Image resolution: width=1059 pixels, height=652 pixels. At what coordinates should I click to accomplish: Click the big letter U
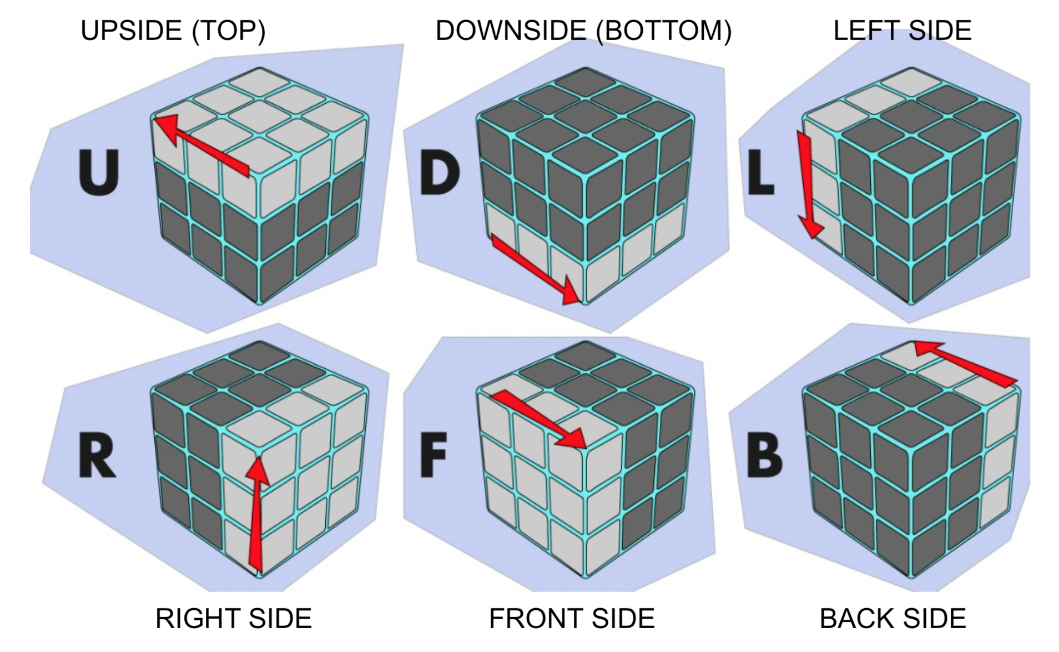[99, 173]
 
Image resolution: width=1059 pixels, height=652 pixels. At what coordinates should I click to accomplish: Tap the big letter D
[440, 173]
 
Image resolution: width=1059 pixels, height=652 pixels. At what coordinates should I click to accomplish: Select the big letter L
[761, 173]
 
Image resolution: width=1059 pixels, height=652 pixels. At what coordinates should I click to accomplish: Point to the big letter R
[97, 456]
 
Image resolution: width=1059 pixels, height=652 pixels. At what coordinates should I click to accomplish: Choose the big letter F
[433, 456]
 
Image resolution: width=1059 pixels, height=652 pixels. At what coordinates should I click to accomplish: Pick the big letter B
[765, 456]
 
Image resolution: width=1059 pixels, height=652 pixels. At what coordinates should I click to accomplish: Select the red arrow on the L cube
[808, 183]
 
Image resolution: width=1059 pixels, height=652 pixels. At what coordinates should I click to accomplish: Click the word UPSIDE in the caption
[131, 30]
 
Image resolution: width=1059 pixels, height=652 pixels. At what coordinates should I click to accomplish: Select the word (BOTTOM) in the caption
[664, 30]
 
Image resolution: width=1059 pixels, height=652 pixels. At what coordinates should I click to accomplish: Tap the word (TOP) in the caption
[229, 30]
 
